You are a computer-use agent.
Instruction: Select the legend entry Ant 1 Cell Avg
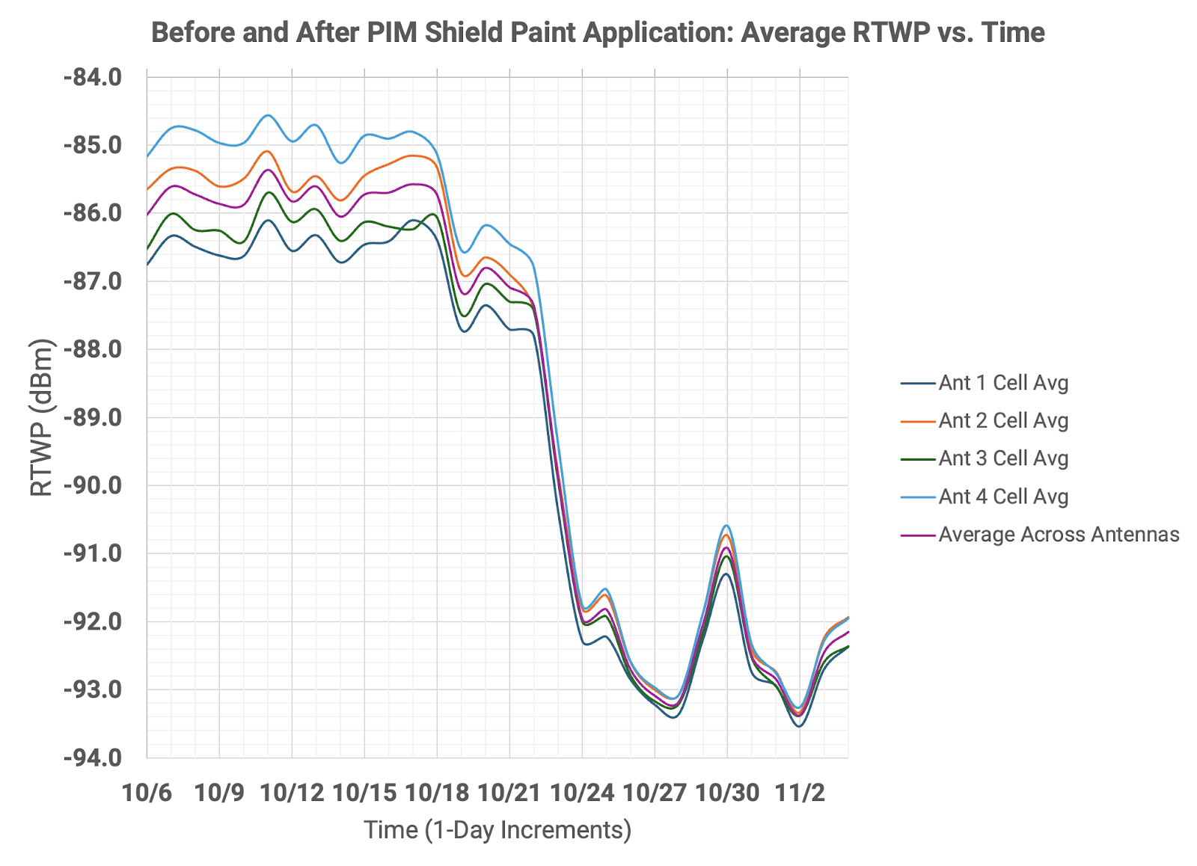click(x=1002, y=383)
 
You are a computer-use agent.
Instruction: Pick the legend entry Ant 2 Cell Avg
click(x=1002, y=421)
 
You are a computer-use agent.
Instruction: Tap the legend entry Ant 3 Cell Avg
click(x=1002, y=458)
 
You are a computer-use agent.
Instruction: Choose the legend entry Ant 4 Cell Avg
click(x=1002, y=497)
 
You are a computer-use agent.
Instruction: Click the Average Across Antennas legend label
click(x=1058, y=535)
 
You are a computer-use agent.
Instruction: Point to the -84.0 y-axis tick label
click(x=93, y=77)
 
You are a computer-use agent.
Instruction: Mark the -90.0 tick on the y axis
click(x=93, y=485)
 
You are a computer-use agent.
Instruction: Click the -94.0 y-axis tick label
click(x=93, y=758)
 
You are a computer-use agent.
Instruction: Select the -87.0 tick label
click(x=93, y=281)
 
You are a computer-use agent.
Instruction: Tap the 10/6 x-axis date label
click(x=147, y=793)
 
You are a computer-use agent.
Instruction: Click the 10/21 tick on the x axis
click(x=509, y=793)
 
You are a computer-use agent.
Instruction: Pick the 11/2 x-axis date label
click(x=799, y=793)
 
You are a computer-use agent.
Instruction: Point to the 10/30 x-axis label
click(x=726, y=793)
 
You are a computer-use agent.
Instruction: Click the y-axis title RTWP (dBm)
click(x=42, y=417)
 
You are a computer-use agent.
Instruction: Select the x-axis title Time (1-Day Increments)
click(x=498, y=830)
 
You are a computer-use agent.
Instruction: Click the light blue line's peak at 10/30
click(x=726, y=526)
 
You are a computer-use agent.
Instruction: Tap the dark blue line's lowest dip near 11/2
click(x=799, y=726)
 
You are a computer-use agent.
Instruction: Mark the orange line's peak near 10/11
click(x=267, y=151)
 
